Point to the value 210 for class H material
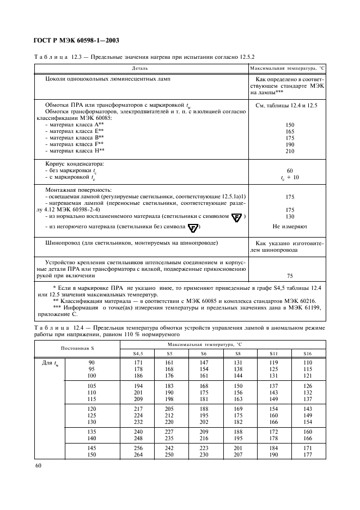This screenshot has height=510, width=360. (290, 151)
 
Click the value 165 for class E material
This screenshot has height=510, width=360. (290, 131)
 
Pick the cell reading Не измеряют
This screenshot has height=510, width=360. (290, 226)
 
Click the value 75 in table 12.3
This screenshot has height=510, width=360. (290, 276)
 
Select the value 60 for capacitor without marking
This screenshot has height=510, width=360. (290, 171)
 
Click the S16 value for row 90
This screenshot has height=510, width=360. (308, 362)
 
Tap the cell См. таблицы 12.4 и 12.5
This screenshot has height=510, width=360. (290, 104)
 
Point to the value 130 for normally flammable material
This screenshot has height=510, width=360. (290, 216)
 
